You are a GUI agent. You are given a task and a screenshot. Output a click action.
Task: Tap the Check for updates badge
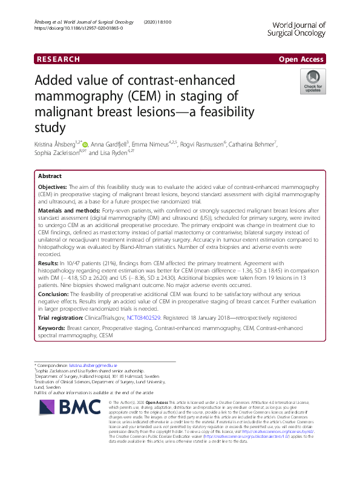[x=313, y=82]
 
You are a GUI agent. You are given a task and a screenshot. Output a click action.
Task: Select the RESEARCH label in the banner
[x=58, y=59]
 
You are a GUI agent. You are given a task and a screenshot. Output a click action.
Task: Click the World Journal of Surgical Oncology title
[x=296, y=29]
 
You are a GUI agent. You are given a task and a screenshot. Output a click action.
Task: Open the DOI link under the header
[x=79, y=28]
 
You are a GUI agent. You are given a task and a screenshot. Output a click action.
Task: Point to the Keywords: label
[x=53, y=327]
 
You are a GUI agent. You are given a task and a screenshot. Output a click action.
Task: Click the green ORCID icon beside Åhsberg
[x=85, y=145]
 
